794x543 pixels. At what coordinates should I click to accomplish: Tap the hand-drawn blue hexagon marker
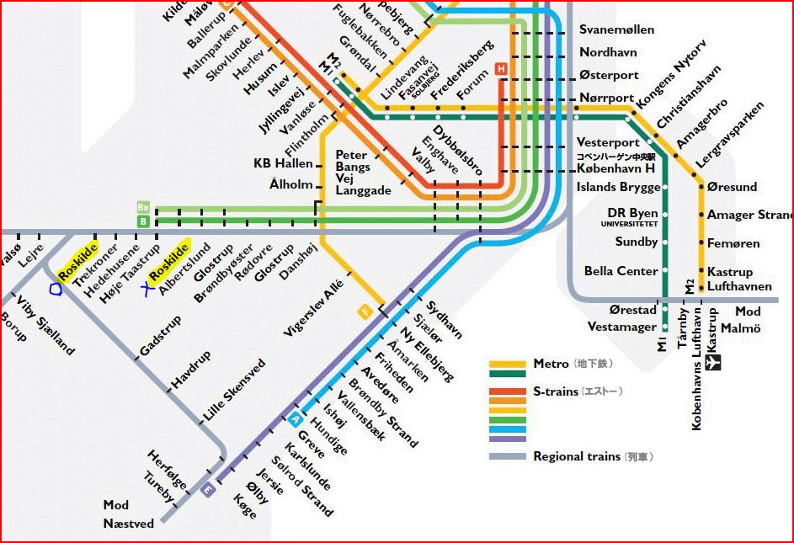coord(56,289)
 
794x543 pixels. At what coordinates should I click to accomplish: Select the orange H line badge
coord(502,70)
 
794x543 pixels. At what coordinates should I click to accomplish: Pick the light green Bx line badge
coord(143,207)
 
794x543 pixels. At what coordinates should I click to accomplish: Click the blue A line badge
coord(295,419)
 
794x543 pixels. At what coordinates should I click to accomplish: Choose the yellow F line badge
coord(365,311)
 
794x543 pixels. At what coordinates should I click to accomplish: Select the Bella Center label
coord(621,271)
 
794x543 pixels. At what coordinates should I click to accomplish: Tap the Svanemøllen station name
coord(616,29)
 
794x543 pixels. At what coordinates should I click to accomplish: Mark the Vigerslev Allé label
coord(313,307)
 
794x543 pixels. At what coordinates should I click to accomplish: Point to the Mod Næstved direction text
coord(128,514)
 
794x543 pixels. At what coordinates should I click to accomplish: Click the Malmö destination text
coord(740,327)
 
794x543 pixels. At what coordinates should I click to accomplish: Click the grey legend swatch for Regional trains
coord(508,457)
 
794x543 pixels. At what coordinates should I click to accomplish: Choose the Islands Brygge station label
coord(618,187)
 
